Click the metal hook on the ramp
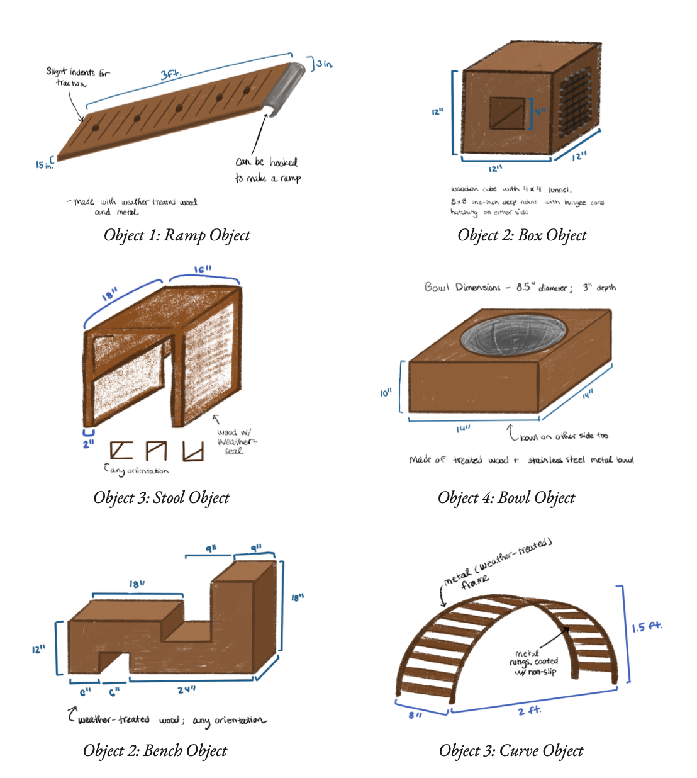282,89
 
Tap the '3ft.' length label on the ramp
170,74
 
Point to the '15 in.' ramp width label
43,164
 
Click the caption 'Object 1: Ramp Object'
177,235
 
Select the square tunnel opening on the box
507,113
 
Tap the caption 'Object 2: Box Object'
521,235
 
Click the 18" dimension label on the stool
109,293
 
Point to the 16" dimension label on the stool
203,269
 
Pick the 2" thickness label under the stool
89,443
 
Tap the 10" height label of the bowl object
386,393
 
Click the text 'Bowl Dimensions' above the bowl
462,288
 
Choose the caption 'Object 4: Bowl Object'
506,498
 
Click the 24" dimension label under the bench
186,690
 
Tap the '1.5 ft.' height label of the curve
646,628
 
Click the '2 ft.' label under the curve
530,711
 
